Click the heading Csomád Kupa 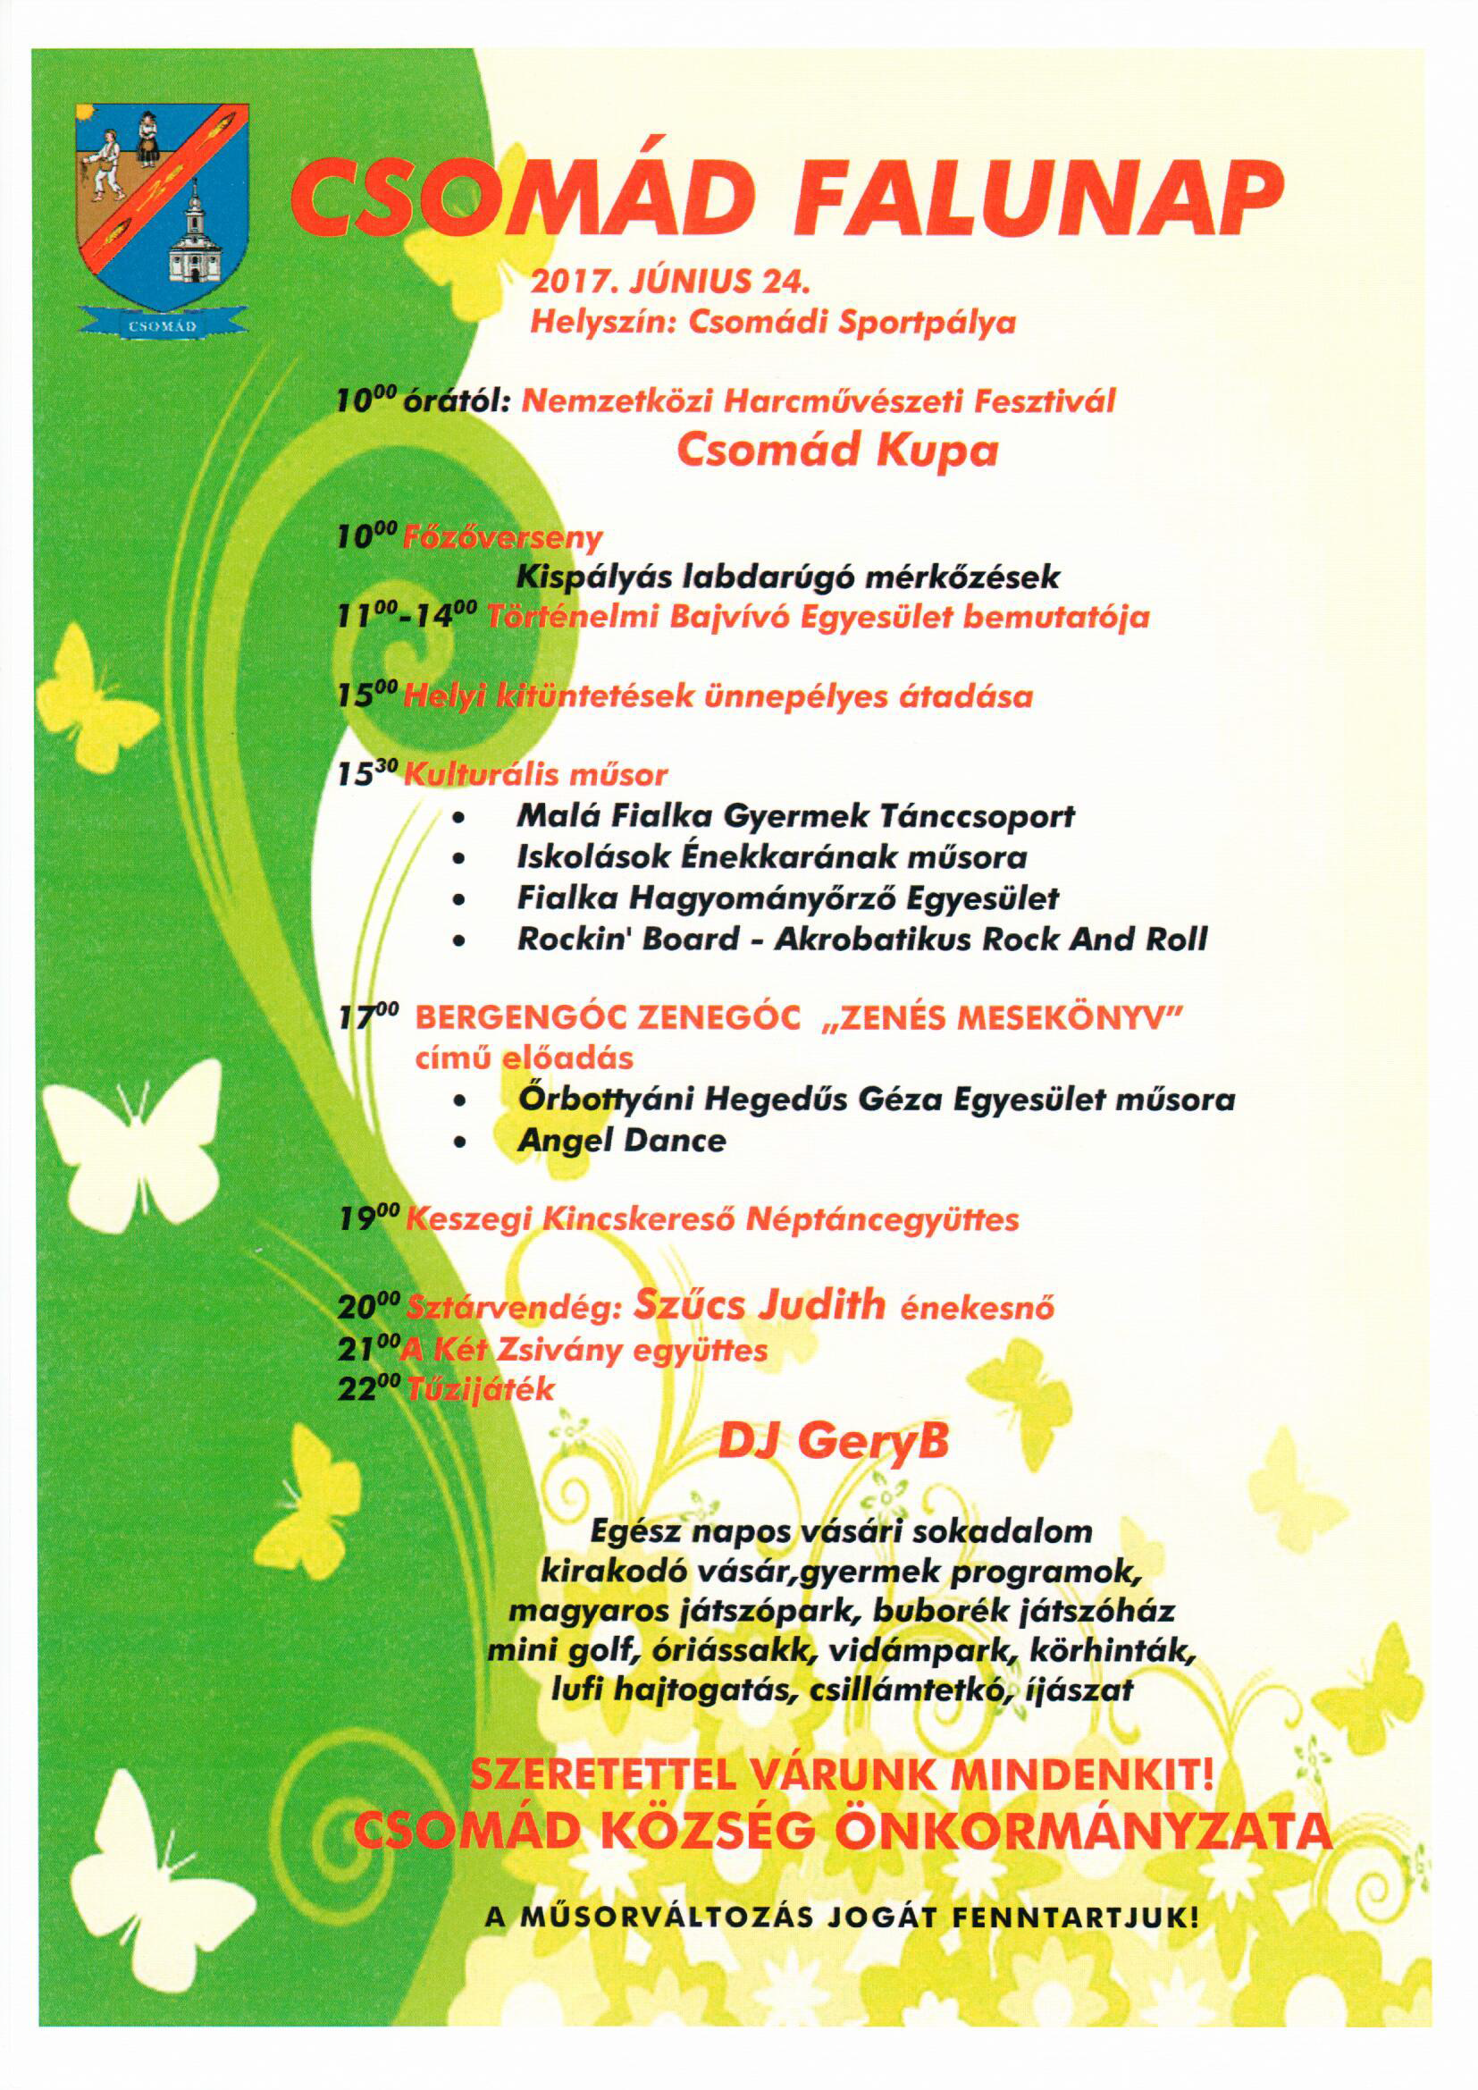(836, 451)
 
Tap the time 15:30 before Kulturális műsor (366, 775)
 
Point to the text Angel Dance (622, 1141)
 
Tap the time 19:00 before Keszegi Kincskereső (366, 1220)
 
